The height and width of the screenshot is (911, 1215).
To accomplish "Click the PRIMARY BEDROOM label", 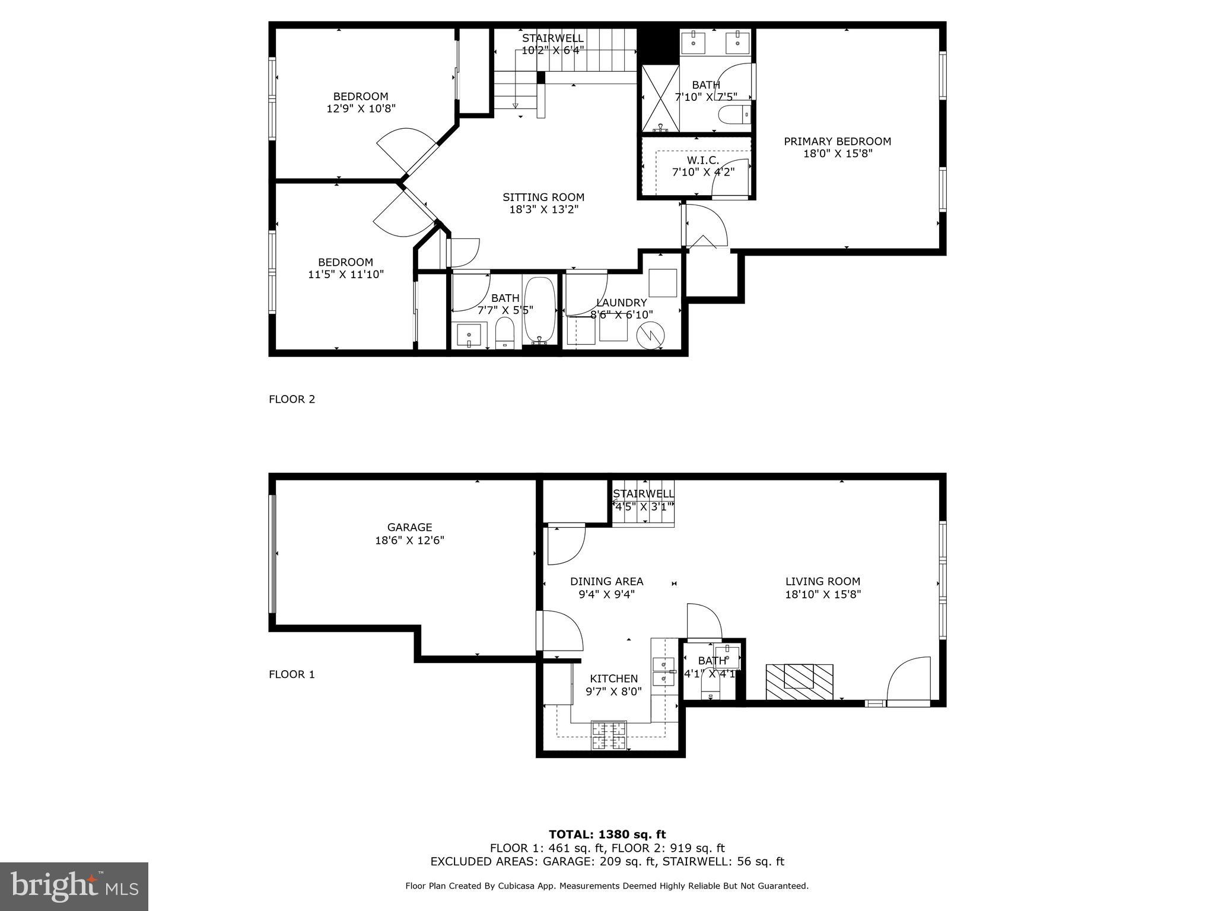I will click(x=837, y=141).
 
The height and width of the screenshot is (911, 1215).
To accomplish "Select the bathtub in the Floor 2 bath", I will click(x=540, y=310).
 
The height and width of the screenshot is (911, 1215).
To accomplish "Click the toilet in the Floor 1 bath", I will click(x=710, y=689).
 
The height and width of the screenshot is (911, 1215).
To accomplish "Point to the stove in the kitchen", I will click(x=609, y=735).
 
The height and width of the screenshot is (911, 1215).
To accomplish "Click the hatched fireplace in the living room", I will click(x=799, y=681).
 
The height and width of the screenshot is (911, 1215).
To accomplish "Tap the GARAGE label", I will click(x=409, y=527).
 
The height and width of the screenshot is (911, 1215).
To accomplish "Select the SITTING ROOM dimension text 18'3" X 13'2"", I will click(x=543, y=209).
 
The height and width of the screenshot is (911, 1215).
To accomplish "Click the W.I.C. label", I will click(x=703, y=160).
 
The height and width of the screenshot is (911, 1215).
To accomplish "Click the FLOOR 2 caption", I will click(x=292, y=399).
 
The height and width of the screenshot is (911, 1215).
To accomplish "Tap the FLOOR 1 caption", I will click(x=292, y=674).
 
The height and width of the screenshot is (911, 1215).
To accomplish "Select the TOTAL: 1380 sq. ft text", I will click(x=607, y=834).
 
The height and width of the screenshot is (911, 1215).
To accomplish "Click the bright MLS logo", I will click(x=74, y=887).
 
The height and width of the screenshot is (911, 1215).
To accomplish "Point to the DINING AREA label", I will click(x=606, y=581).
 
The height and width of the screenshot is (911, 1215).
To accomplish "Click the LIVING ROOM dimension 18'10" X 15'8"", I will click(x=823, y=594).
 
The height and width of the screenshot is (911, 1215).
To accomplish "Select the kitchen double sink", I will click(x=663, y=670).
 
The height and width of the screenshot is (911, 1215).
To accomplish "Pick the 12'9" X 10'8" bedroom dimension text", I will click(x=361, y=109).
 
